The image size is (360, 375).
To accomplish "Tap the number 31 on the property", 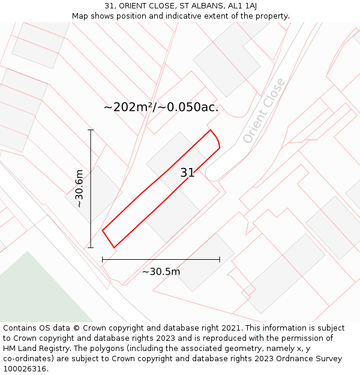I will tap(187, 173).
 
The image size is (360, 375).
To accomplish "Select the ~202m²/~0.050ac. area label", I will tap(161, 107).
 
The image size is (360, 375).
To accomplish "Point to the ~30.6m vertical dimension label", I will tap(79, 188).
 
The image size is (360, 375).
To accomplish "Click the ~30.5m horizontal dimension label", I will tap(161, 271).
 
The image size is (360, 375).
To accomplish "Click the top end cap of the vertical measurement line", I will tap(91, 130).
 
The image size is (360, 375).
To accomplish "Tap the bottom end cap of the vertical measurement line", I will tap(91, 247).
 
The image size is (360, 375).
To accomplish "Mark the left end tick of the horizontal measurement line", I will tap(103, 259).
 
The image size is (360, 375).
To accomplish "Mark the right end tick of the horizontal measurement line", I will tap(220, 259).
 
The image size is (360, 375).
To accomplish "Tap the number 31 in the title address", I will tap(109, 5).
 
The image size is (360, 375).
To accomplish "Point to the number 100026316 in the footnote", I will tap(24, 369).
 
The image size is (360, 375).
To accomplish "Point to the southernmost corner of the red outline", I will tap(114, 247).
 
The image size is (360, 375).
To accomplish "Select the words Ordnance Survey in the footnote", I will tap(313, 359).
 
